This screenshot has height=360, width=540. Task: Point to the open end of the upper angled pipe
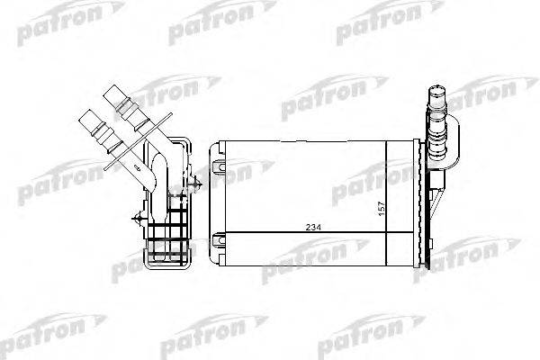click(113, 92)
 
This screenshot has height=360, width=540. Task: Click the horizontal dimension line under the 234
click(270, 232)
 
